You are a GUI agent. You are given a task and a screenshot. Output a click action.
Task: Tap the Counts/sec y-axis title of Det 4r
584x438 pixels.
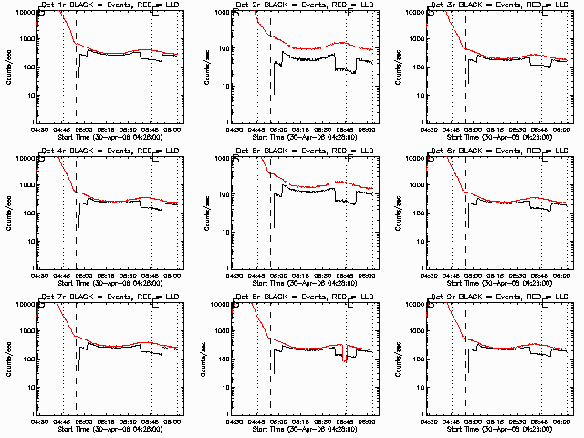point(9,213)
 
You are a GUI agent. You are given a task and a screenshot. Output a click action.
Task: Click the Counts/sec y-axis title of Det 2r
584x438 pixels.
point(203,67)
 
